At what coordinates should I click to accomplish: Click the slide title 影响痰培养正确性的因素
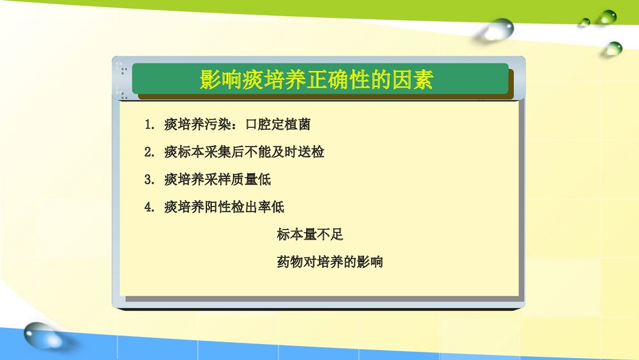[x=316, y=80]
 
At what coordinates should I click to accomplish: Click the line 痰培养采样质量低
[x=217, y=180]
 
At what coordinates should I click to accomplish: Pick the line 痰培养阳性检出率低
[x=224, y=207]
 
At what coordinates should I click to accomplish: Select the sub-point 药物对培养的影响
[x=330, y=262]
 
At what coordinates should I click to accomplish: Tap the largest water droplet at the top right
[x=500, y=29]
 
